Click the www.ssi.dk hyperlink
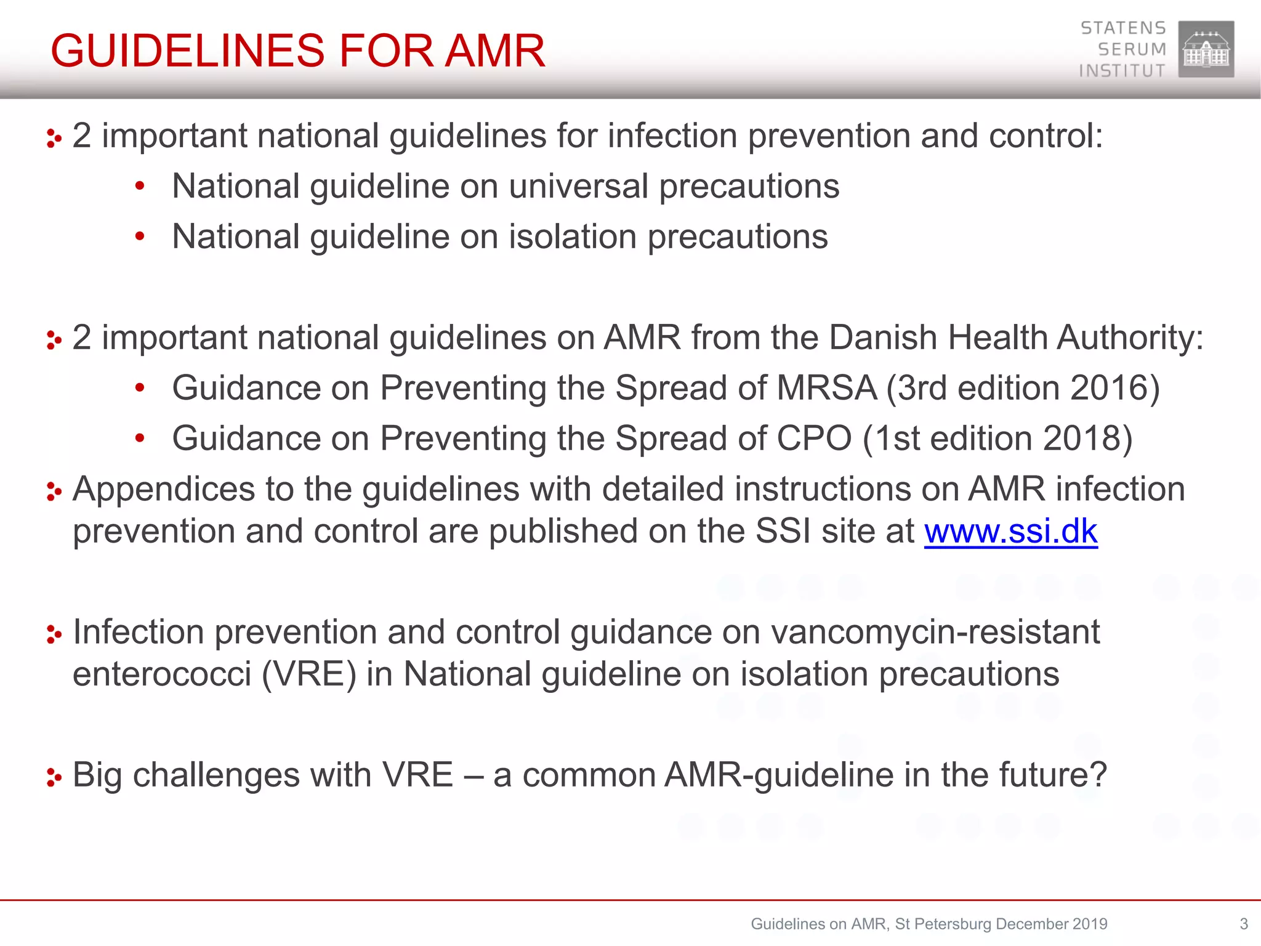click(x=1010, y=532)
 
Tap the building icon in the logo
click(x=1206, y=49)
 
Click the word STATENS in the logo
click(x=1123, y=28)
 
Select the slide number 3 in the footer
click(x=1243, y=924)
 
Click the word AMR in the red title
click(x=495, y=51)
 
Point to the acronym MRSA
click(x=826, y=388)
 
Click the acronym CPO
click(x=814, y=439)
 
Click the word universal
click(x=578, y=186)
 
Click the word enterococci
click(x=161, y=674)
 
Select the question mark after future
click(x=1098, y=775)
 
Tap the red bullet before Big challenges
click(x=54, y=777)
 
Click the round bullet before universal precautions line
click(x=140, y=186)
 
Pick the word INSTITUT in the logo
click(x=1122, y=71)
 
